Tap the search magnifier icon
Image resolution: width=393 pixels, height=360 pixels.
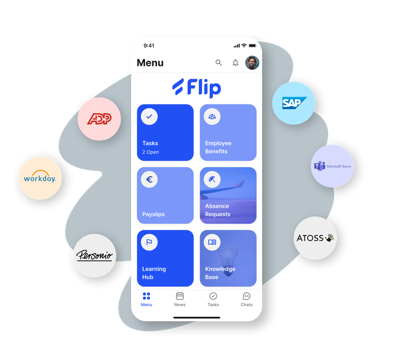[219, 63]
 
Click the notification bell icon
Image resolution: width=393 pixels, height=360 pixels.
[235, 63]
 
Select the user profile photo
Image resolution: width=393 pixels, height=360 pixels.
[252, 63]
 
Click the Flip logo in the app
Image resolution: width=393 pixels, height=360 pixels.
[196, 88]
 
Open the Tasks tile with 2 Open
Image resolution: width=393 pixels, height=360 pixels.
[165, 133]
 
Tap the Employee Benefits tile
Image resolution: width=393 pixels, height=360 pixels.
[228, 133]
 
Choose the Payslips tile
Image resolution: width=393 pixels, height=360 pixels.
[165, 195]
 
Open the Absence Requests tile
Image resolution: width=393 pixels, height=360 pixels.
[228, 195]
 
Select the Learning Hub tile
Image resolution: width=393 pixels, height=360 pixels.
[165, 258]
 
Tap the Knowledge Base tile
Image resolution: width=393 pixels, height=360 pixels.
[228, 258]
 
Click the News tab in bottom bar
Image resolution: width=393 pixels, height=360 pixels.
[180, 300]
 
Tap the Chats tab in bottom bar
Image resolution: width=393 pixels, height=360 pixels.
[246, 300]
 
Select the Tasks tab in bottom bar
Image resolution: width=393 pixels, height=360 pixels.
[213, 300]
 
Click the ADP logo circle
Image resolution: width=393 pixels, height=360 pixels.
[99, 119]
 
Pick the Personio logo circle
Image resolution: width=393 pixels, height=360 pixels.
[95, 256]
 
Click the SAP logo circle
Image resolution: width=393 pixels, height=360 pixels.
[294, 103]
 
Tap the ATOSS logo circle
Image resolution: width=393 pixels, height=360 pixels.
[315, 238]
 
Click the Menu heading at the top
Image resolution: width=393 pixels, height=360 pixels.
[150, 63]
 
